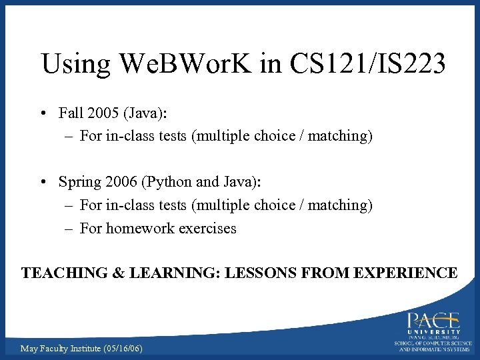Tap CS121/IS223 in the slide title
(367, 64)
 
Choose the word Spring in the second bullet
(79, 182)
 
